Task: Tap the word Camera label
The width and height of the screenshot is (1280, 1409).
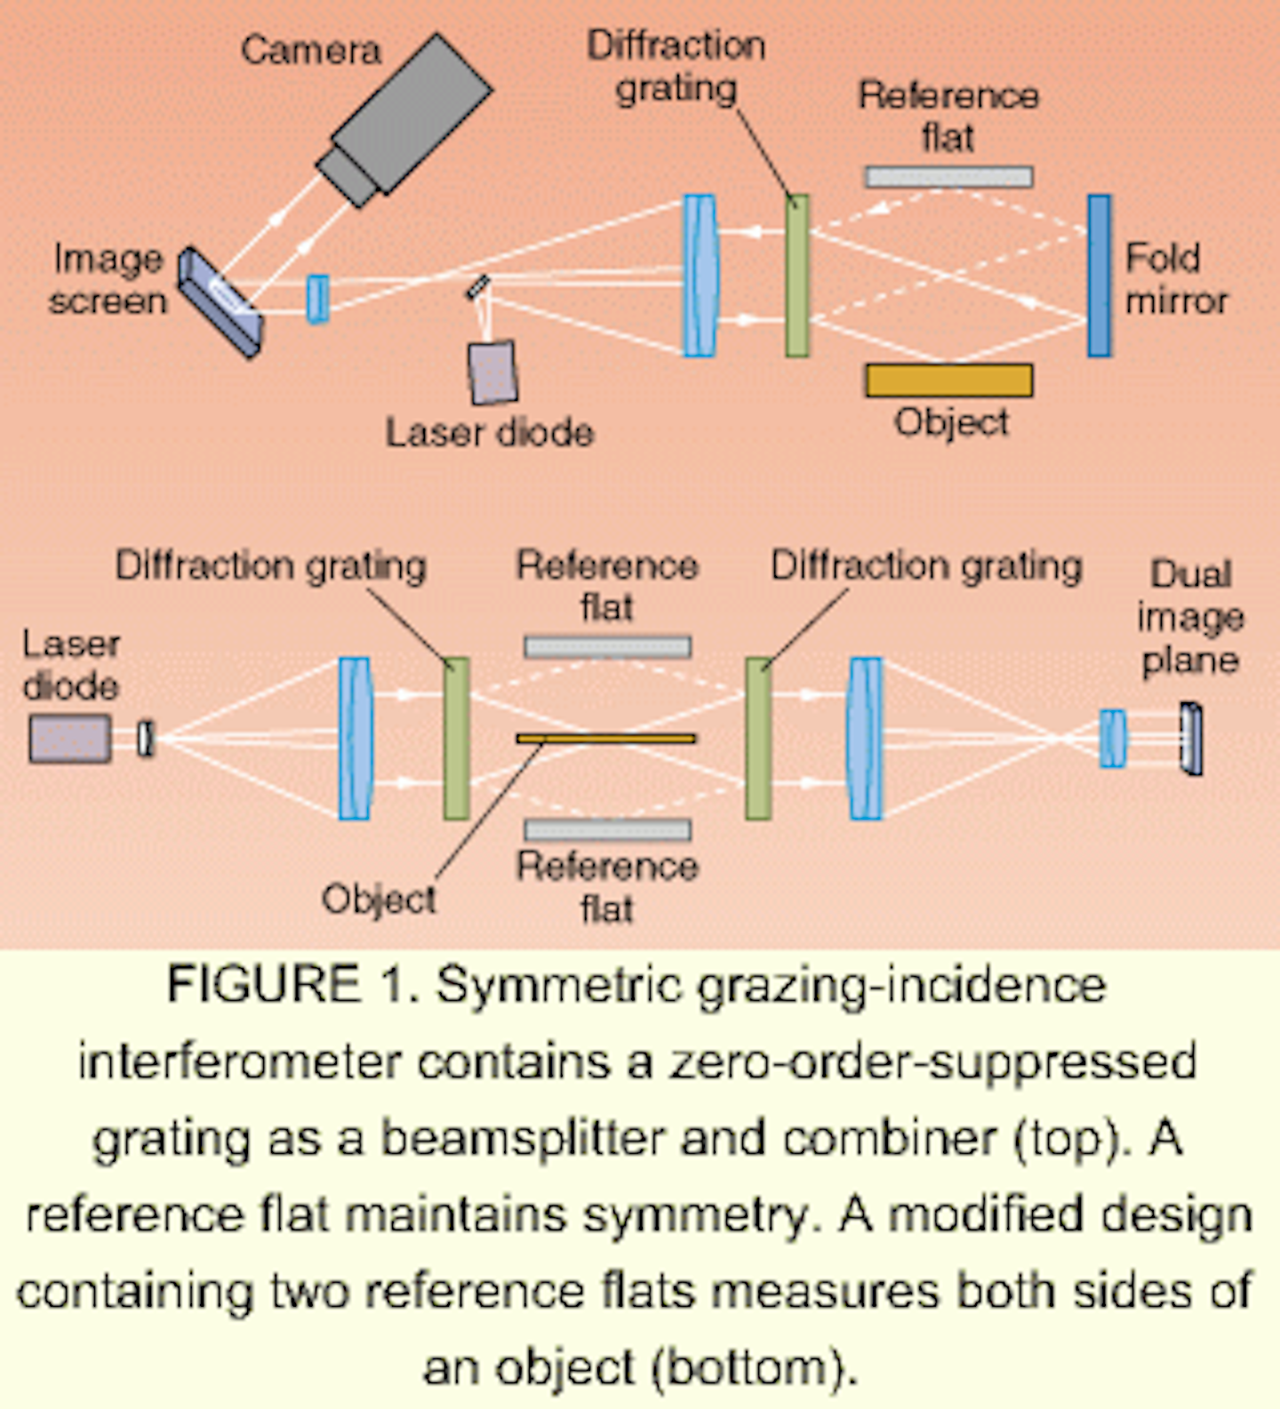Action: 310,50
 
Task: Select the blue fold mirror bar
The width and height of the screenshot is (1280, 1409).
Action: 1100,276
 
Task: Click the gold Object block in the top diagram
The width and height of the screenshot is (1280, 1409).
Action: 948,380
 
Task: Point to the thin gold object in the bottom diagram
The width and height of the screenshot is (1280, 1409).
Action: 606,738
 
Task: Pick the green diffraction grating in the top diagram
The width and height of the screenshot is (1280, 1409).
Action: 797,276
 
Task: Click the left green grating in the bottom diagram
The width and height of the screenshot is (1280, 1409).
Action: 456,738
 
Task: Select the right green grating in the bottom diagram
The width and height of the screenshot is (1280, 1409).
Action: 758,738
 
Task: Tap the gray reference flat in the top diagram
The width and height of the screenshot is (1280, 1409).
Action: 948,177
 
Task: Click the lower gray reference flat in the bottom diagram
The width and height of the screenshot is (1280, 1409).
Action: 607,829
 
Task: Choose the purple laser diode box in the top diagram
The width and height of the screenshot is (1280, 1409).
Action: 492,372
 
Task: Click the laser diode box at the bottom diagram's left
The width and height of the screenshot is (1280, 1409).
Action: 70,738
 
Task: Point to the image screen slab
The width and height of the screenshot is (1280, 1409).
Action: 220,302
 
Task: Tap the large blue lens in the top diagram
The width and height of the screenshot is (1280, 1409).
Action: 700,276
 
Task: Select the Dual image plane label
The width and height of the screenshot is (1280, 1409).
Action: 1189,617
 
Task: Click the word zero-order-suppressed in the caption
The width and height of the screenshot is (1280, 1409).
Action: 932,1061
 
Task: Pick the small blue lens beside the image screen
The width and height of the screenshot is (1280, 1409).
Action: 318,298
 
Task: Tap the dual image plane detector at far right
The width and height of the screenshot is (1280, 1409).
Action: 1191,738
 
